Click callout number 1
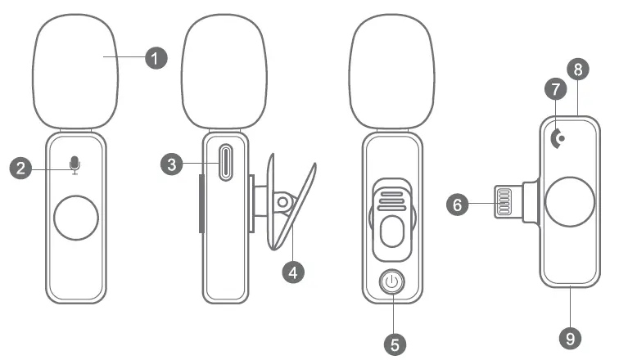tap(155, 58)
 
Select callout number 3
tap(172, 164)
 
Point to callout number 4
tap(295, 272)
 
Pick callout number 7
tap(556, 87)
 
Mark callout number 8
tap(579, 69)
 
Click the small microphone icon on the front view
tap(75, 165)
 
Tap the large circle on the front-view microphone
tap(75, 218)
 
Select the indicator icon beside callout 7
tap(559, 139)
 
